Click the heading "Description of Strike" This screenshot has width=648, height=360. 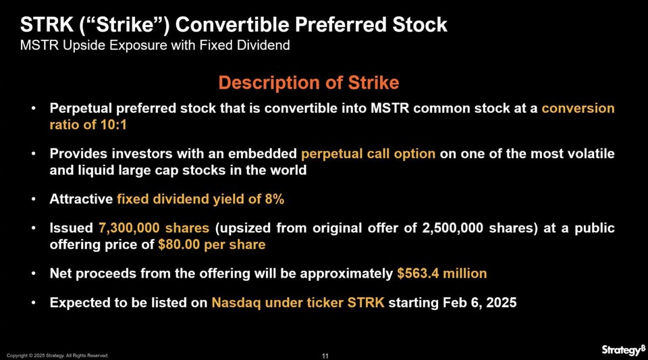point(308,82)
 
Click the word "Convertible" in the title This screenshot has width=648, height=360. point(232,25)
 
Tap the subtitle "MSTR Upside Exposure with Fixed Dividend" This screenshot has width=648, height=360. point(155,45)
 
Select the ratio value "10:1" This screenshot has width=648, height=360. point(113,124)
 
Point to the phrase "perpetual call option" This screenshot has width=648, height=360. point(369,154)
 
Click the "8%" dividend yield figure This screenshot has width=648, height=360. point(275,199)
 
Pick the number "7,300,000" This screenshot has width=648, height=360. point(129,228)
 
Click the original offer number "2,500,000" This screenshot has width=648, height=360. point(452,228)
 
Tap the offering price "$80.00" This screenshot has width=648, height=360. point(179,245)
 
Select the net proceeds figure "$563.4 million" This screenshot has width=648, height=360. point(441,274)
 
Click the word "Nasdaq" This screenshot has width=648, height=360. point(236,303)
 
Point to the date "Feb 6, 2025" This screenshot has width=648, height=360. point(480,303)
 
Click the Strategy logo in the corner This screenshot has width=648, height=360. point(623,350)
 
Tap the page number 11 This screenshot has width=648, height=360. point(325,356)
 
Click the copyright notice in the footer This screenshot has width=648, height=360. point(57,355)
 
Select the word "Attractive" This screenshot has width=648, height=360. point(81,199)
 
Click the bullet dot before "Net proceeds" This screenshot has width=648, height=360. point(34,274)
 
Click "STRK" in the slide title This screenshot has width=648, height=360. point(47,25)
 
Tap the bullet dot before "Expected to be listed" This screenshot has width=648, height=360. point(34,303)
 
